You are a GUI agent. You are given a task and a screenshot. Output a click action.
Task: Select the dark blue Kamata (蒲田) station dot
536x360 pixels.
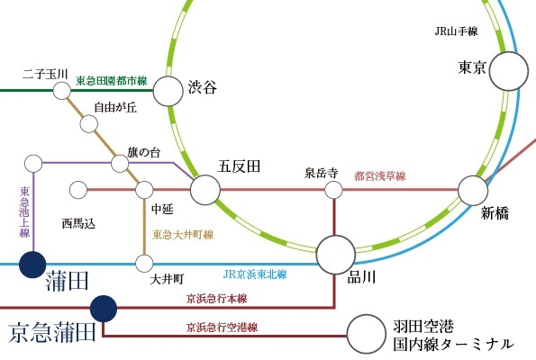(x=32, y=265)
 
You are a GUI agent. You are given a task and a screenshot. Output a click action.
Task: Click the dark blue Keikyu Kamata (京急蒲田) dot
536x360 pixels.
(x=104, y=309)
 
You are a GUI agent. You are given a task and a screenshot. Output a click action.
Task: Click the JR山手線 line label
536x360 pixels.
(x=456, y=31)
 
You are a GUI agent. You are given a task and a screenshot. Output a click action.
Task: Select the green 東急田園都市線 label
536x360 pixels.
(x=112, y=81)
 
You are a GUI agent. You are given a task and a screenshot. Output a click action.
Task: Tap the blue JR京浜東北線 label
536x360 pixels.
(x=255, y=274)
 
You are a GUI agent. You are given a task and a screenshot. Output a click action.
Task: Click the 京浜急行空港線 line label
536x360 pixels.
(x=222, y=328)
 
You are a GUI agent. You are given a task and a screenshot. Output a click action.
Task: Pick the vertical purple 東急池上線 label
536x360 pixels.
(x=24, y=211)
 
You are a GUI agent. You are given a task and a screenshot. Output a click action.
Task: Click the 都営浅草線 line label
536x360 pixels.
(x=380, y=176)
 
